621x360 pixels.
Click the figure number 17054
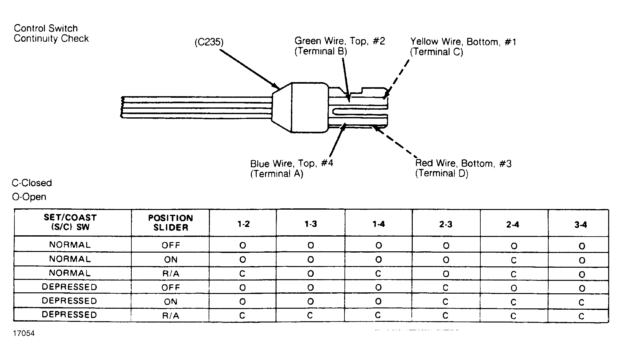point(24,333)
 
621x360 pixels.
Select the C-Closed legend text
point(32,183)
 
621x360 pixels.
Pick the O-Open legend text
point(29,197)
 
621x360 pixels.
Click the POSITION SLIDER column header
point(170,223)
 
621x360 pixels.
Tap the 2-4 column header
point(513,225)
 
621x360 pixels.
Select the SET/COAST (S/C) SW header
point(70,222)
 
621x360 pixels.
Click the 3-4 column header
point(581,225)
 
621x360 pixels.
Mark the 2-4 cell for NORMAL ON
point(514,260)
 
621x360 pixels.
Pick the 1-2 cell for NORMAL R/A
point(242,274)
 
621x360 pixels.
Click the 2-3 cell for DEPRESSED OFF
point(445,288)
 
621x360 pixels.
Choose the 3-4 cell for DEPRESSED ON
point(582,302)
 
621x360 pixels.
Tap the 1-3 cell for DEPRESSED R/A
point(310,315)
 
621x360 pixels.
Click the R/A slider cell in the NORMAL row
point(170,274)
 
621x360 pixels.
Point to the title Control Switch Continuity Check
point(51,33)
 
